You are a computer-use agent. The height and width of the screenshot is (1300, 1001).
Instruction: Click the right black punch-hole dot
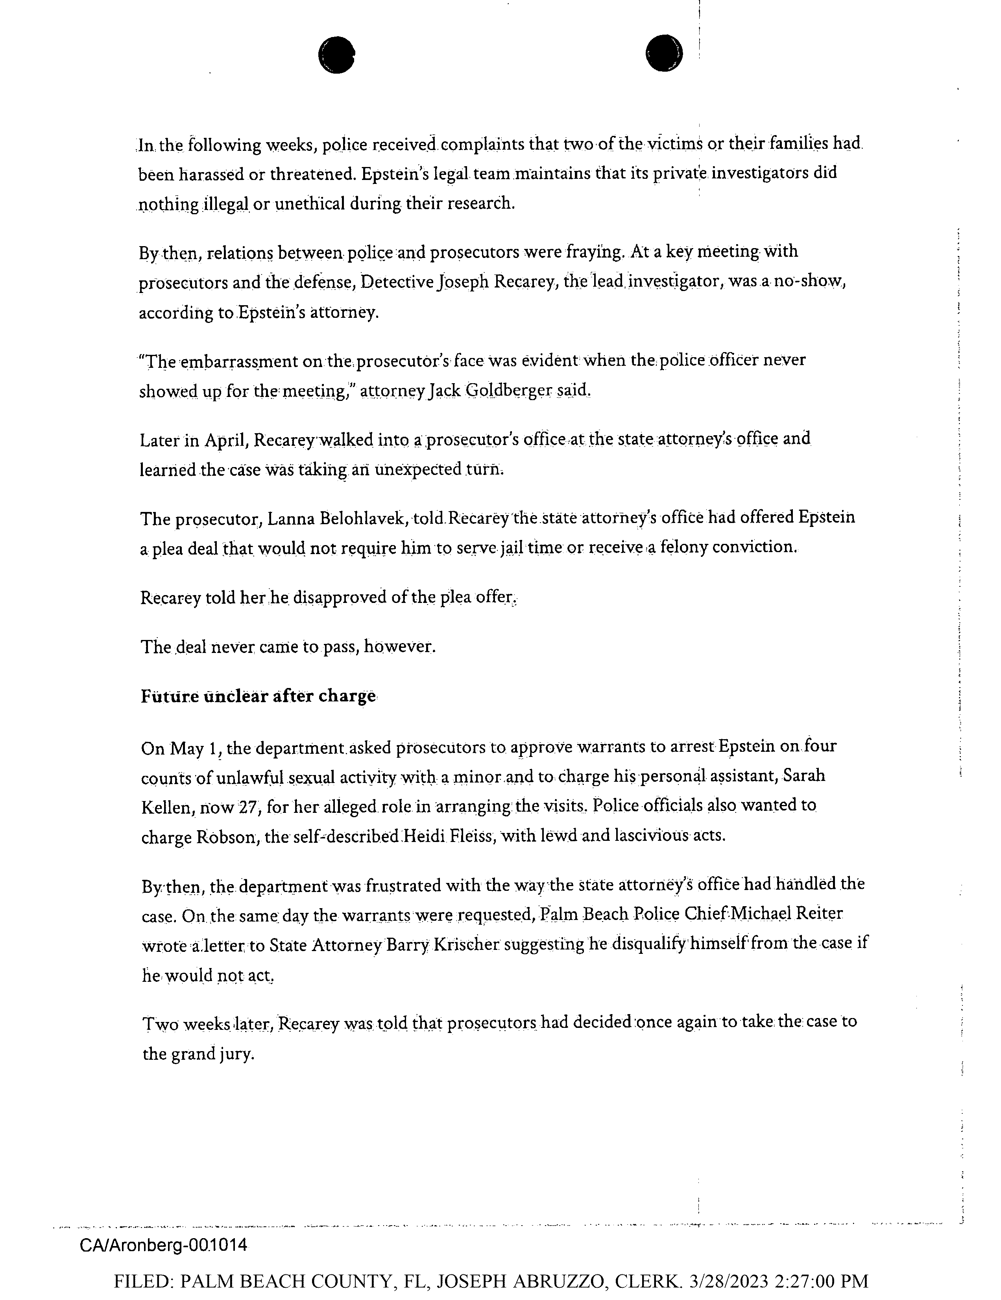[x=663, y=53]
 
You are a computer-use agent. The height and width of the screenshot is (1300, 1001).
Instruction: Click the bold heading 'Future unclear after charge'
[x=258, y=696]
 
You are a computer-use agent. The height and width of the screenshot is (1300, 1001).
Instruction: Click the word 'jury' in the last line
[x=237, y=1054]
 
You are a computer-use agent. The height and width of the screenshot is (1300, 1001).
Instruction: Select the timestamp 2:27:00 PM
[x=822, y=1281]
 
